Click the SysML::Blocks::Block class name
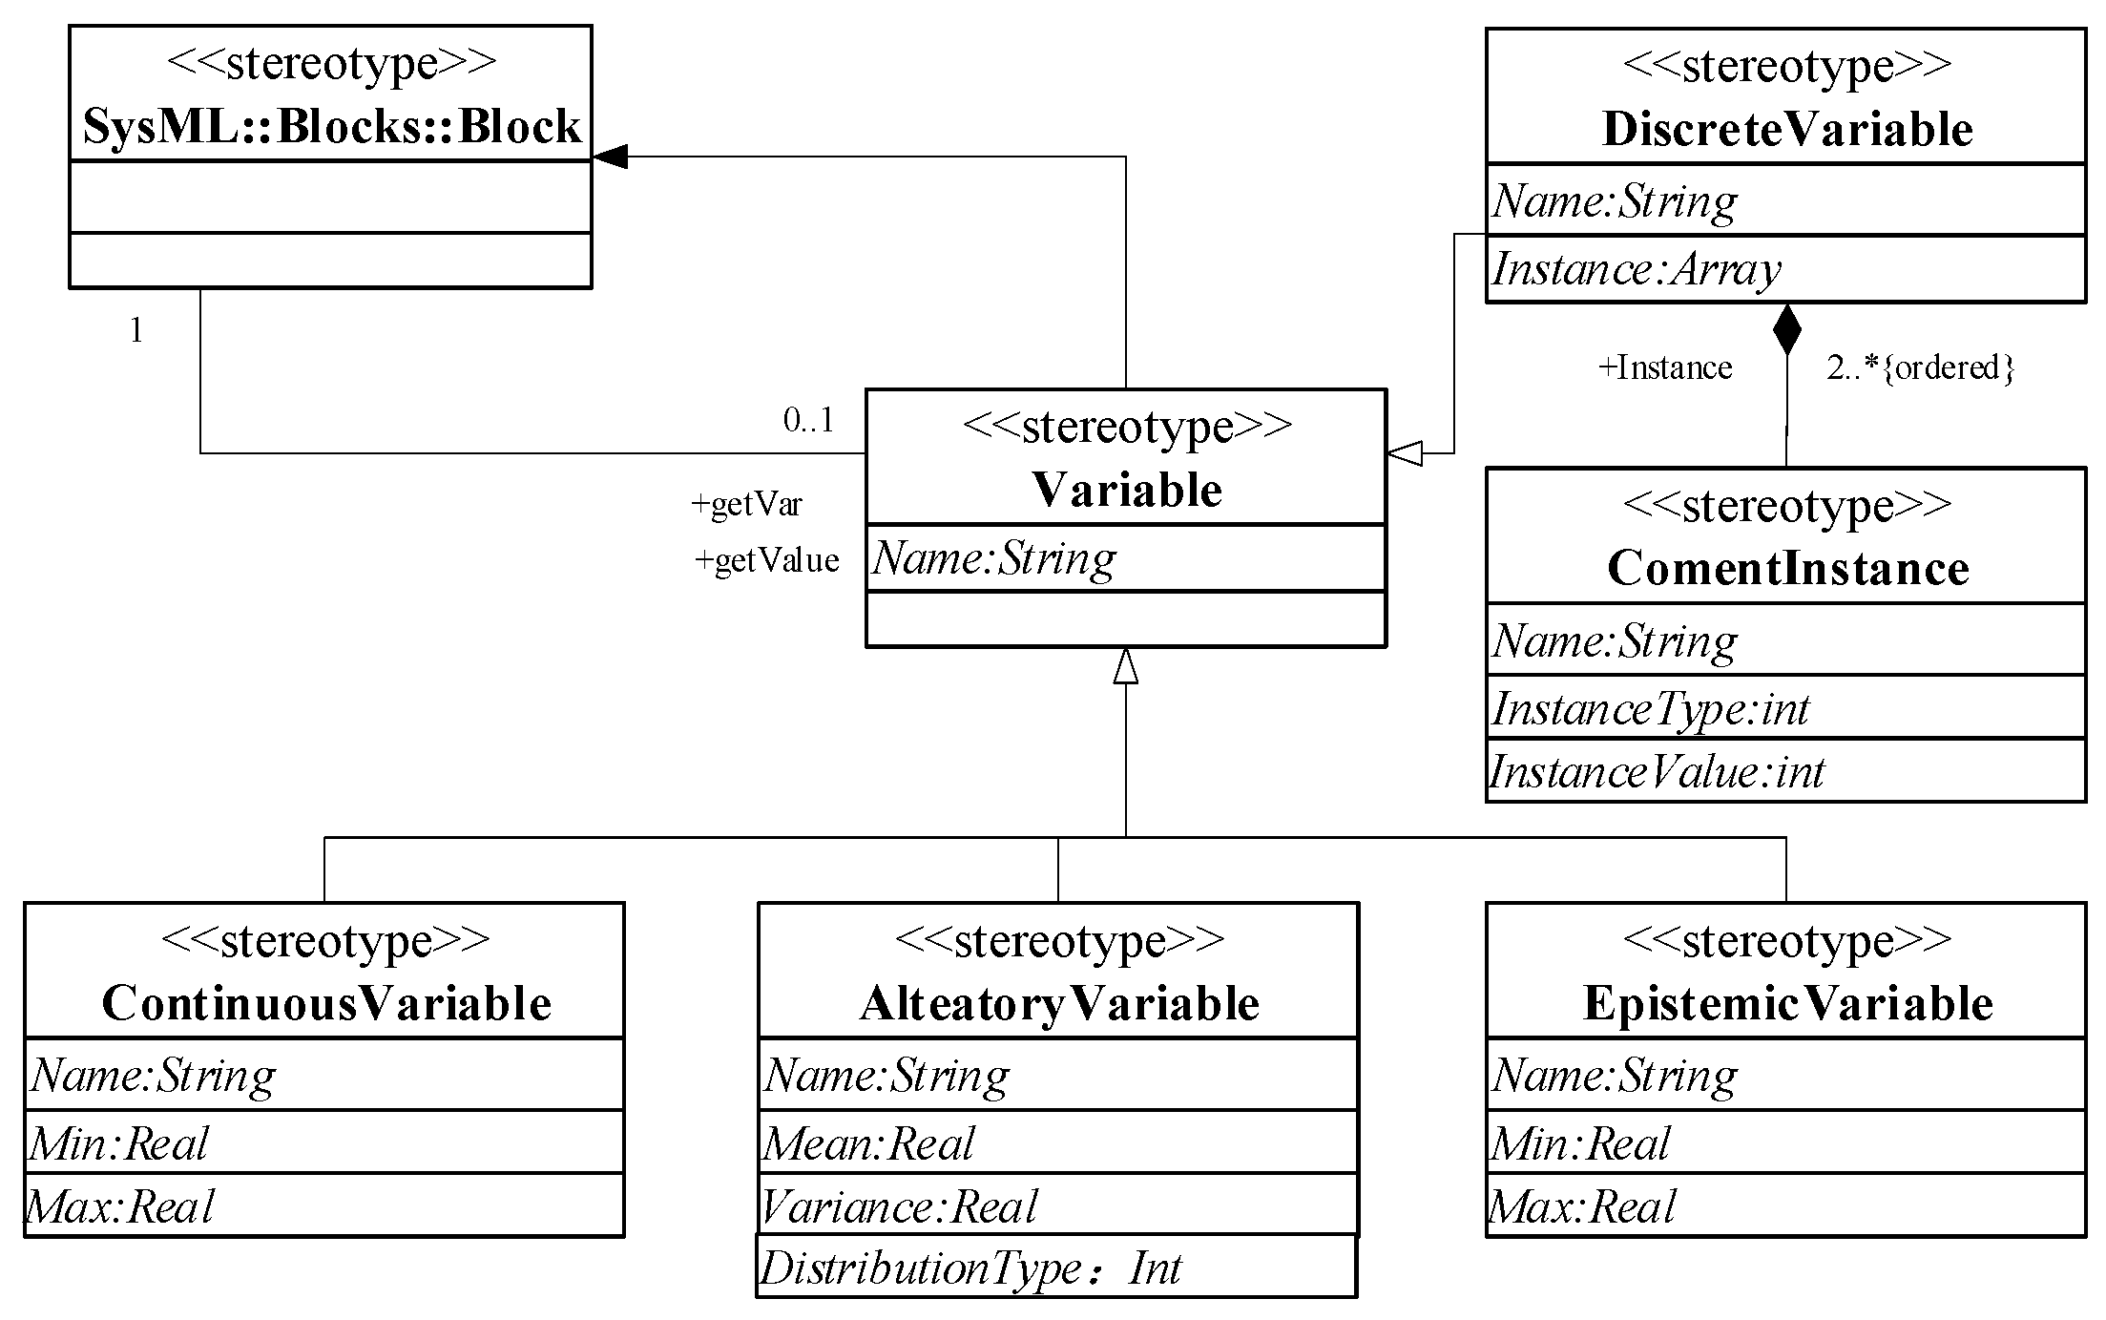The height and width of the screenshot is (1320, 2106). pyautogui.click(x=331, y=127)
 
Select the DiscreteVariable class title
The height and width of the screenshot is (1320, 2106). pyautogui.click(x=1786, y=130)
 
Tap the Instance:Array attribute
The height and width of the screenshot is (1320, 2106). pyautogui.click(x=1636, y=269)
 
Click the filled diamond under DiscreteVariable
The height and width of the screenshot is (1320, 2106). pyautogui.click(x=1786, y=329)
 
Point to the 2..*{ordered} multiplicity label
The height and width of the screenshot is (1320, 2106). pyautogui.click(x=1920, y=367)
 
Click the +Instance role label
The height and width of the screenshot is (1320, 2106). pyautogui.click(x=1665, y=367)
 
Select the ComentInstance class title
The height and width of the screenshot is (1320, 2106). pyautogui.click(x=1787, y=569)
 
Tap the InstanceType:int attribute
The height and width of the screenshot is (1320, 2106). pyautogui.click(x=1650, y=709)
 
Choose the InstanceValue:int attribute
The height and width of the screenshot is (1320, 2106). pyautogui.click(x=1657, y=772)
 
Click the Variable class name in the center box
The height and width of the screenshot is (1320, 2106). pyautogui.click(x=1126, y=491)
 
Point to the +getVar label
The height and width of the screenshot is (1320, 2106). pyautogui.click(x=746, y=504)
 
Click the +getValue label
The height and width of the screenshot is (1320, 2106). pyautogui.click(x=766, y=560)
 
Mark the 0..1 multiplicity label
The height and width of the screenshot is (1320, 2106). pyautogui.click(x=808, y=419)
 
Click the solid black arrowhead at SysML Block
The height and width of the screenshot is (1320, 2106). pyautogui.click(x=611, y=157)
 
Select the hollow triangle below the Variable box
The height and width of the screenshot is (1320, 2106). pyautogui.click(x=1126, y=666)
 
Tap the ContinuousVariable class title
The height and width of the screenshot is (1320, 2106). pyautogui.click(x=326, y=1004)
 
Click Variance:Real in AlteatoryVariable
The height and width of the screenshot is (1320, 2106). pyautogui.click(x=899, y=1207)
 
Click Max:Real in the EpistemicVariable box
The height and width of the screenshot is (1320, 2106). pyautogui.click(x=1581, y=1207)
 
